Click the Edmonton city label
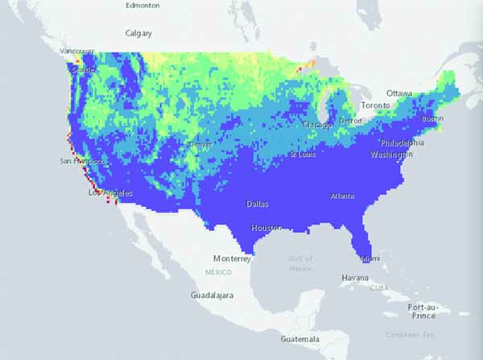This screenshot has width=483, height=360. (x=142, y=5)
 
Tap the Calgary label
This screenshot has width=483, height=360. (x=138, y=34)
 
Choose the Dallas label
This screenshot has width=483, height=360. (x=259, y=203)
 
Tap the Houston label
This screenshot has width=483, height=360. (x=266, y=228)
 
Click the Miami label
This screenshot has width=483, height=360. (x=370, y=259)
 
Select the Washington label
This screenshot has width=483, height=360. (x=392, y=154)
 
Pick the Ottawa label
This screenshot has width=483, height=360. (x=400, y=93)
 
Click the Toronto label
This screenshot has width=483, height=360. (x=375, y=106)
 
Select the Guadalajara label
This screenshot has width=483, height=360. (x=212, y=296)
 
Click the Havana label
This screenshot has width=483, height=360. (x=355, y=278)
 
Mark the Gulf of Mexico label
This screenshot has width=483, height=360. (x=299, y=263)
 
